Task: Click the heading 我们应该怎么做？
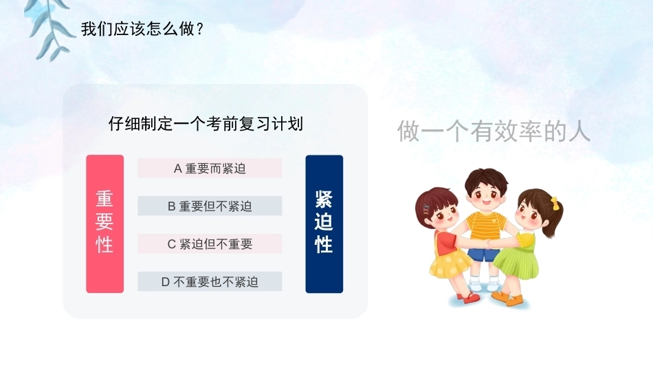coord(142,29)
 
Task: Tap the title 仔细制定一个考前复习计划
coord(206,124)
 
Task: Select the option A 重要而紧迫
coord(210,169)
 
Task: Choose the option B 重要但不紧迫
coord(210,206)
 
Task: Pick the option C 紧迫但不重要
coord(210,243)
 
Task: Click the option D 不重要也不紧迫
coord(210,282)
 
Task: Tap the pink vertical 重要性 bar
coord(105,224)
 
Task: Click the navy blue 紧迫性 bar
coord(324,224)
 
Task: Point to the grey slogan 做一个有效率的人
coord(494,131)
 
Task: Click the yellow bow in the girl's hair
coord(555,202)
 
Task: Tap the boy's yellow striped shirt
coord(485,226)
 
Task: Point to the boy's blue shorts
coord(484,252)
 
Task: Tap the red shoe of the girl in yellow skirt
coord(469,298)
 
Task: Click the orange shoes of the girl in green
coord(508,299)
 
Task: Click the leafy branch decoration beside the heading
coord(49,29)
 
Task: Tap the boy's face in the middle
coord(487,195)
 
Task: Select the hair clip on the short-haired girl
coord(425,209)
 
